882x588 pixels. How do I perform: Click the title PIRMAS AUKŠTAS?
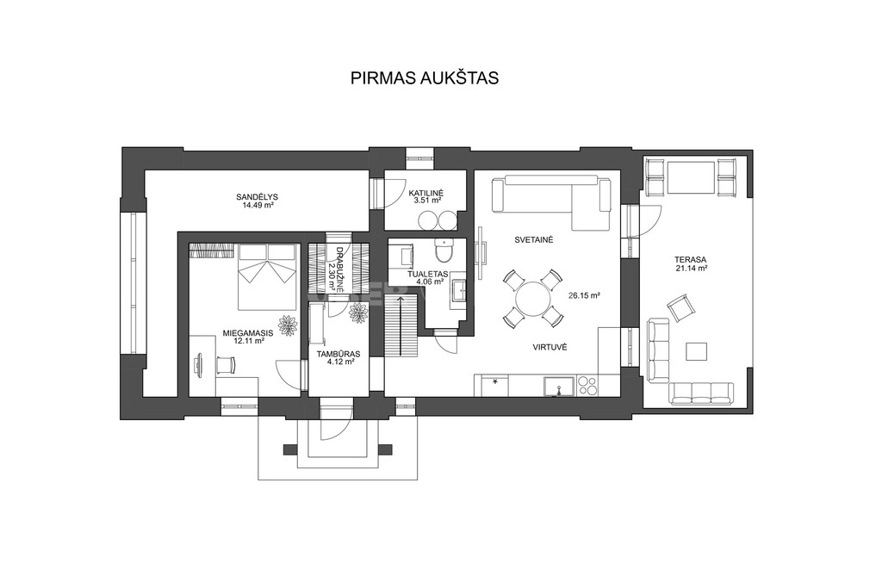point(425,77)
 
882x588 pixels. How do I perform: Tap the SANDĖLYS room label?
point(257,197)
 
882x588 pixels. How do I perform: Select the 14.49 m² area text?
point(257,206)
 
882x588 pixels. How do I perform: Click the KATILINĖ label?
point(426,192)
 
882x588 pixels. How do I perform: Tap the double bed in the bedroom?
point(267,276)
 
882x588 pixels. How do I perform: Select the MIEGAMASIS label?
point(248,333)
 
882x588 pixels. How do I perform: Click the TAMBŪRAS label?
point(338,354)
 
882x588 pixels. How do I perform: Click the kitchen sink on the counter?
point(558,387)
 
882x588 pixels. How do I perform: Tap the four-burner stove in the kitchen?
point(587,387)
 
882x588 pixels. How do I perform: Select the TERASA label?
point(691,260)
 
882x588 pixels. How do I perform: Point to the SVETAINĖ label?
point(534,239)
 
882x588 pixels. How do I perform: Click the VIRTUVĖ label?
point(550,348)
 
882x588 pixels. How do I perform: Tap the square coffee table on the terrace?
point(697,351)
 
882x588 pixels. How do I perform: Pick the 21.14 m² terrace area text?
point(692,268)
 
